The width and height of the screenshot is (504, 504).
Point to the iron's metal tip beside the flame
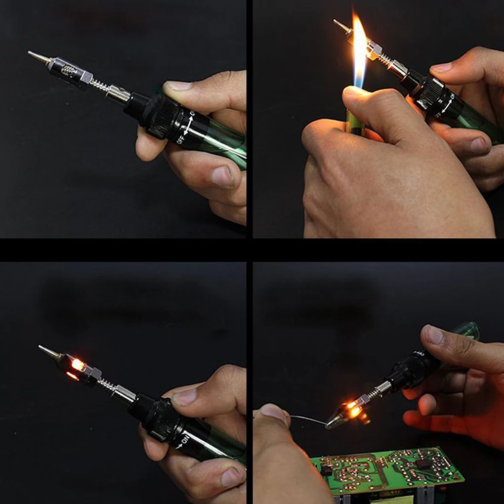341,25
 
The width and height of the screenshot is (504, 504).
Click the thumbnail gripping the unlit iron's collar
179,85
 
